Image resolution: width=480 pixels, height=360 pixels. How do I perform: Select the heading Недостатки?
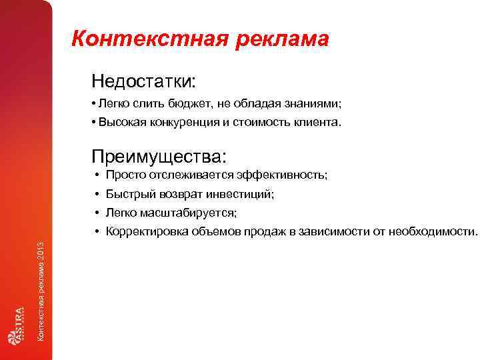click(x=144, y=82)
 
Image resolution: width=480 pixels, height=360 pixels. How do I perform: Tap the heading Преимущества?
click(x=159, y=156)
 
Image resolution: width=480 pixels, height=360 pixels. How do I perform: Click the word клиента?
click(x=316, y=122)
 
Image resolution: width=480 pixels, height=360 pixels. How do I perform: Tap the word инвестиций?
click(x=244, y=194)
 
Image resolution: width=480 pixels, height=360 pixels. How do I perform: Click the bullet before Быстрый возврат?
click(x=97, y=194)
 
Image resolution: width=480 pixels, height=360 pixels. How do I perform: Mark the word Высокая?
click(x=121, y=122)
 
